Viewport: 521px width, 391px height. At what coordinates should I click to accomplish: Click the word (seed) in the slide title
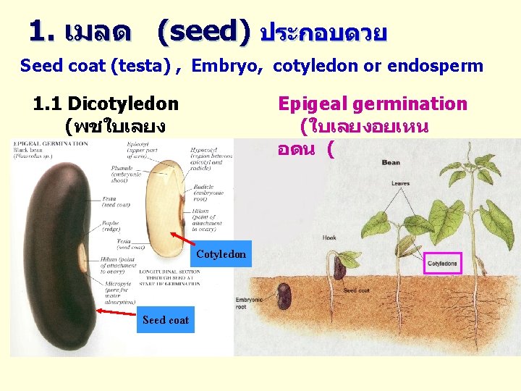(203, 30)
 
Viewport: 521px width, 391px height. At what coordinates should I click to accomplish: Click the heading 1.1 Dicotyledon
(106, 104)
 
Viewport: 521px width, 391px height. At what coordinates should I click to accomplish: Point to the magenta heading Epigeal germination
(373, 104)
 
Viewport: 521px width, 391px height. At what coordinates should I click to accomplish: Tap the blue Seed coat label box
(166, 320)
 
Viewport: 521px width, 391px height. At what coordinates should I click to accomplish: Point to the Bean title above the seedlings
(391, 162)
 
